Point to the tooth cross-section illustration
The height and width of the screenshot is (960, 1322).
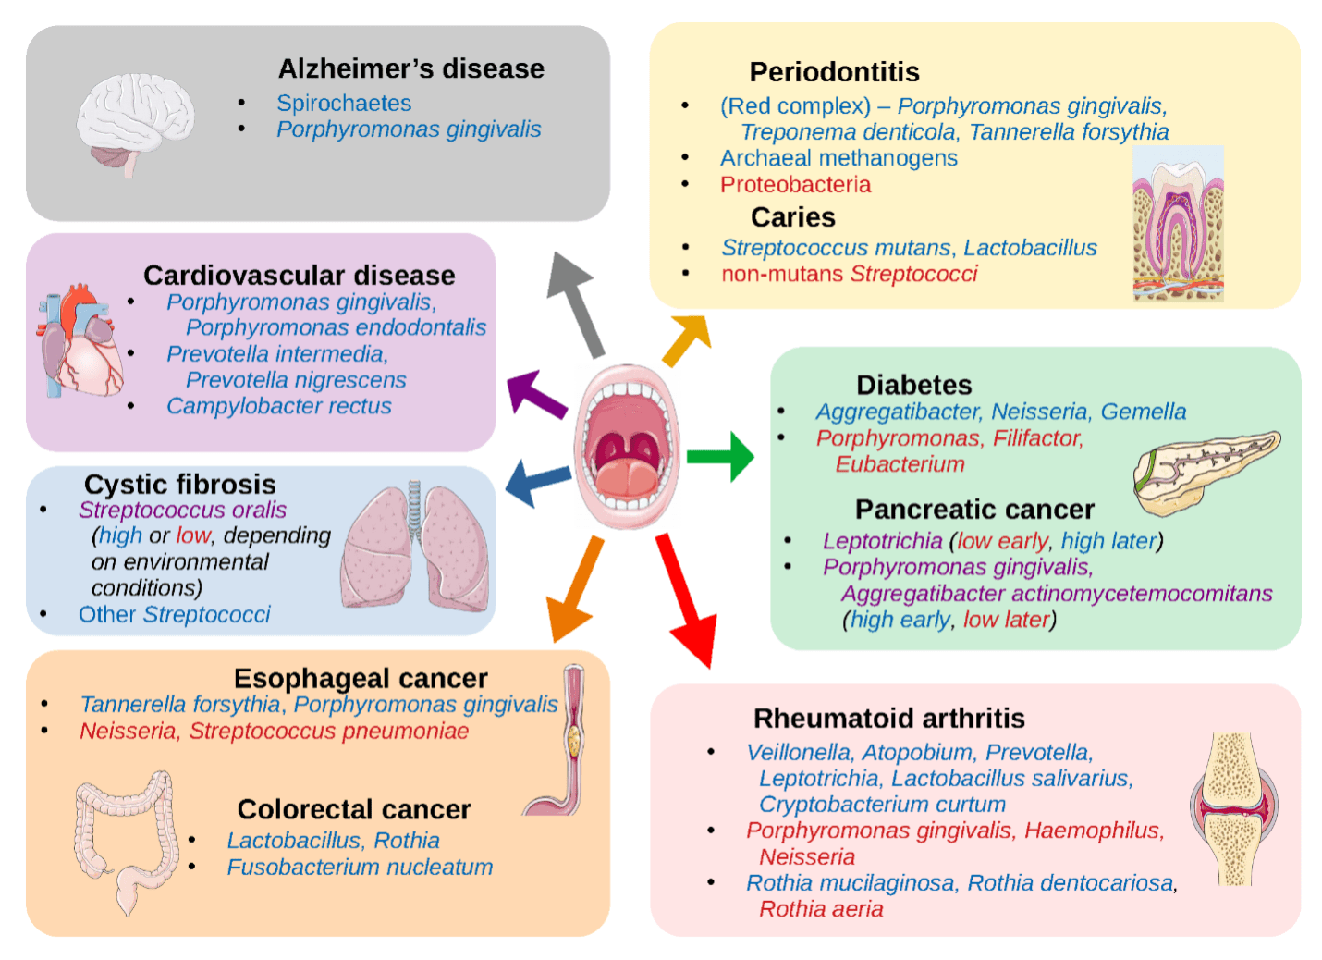click(x=1178, y=225)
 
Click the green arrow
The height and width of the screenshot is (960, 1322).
click(x=722, y=456)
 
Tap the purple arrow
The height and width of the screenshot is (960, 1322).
click(x=535, y=393)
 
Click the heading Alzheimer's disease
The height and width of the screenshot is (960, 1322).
click(x=411, y=68)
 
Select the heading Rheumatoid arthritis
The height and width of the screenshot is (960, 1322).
click(x=889, y=719)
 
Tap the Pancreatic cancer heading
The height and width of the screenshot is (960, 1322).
click(x=974, y=510)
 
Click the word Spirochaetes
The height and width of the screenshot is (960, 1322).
click(x=344, y=103)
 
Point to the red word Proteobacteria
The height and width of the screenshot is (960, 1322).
click(x=795, y=185)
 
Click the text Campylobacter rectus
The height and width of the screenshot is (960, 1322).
click(x=279, y=406)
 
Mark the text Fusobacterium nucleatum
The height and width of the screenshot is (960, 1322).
click(x=360, y=868)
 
